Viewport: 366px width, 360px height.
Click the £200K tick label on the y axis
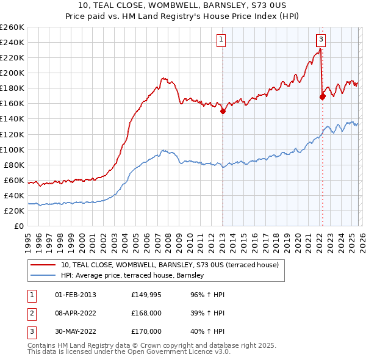coord(12,73)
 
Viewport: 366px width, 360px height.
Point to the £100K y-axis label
coord(12,149)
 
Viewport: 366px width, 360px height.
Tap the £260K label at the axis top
coord(12,27)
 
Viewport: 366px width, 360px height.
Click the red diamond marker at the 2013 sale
coord(223,111)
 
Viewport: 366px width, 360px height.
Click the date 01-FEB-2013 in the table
coord(74,295)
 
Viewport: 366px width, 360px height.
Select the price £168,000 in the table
coord(146,313)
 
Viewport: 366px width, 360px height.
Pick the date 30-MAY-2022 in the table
coord(75,331)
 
